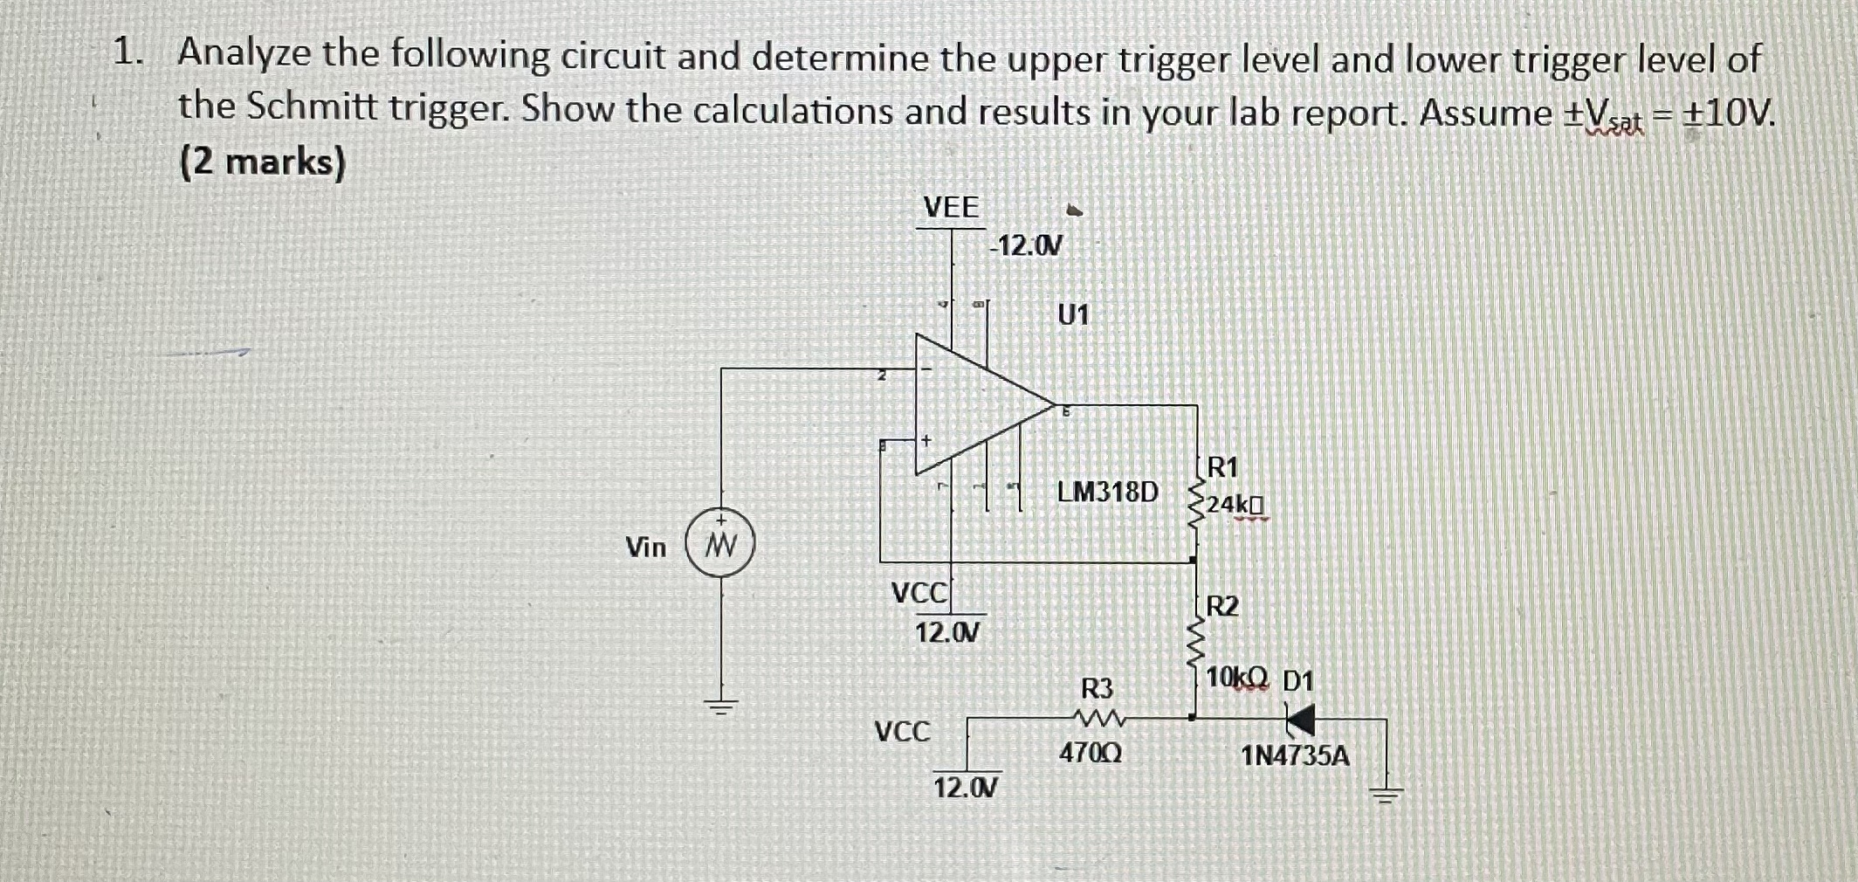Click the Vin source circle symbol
pos(719,546)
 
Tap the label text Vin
pos(646,548)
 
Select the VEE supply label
pos(951,208)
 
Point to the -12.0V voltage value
pos(1027,246)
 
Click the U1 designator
pos(1073,314)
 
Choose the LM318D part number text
pos(1107,493)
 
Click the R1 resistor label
pos(1222,468)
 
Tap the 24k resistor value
pos(1235,506)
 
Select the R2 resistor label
pos(1222,606)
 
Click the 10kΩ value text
pos(1236,678)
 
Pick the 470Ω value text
pos(1090,753)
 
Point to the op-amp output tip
pos(1055,406)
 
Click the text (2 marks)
pos(262,162)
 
